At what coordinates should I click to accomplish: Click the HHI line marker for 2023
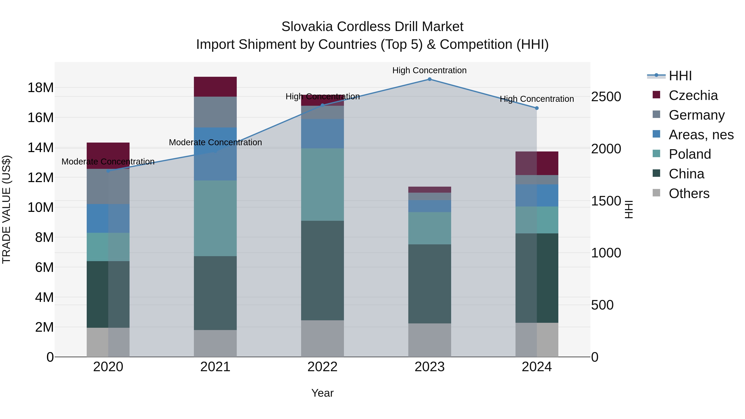[429, 79]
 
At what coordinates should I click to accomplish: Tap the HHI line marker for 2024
[537, 108]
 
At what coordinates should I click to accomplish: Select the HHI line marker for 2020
[108, 171]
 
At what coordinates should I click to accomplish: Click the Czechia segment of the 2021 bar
[215, 87]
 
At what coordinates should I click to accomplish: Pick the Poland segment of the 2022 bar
[322, 185]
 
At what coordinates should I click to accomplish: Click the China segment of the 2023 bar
[429, 284]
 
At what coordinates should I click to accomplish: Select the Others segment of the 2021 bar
[215, 343]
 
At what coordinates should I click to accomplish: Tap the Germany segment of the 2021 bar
[215, 112]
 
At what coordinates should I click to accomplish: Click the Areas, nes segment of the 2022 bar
[322, 134]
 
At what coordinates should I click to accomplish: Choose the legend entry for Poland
[690, 154]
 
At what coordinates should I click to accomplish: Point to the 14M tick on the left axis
[41, 148]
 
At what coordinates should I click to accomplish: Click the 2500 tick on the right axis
[606, 97]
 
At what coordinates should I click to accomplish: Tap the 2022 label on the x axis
[322, 367]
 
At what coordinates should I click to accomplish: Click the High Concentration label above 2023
[429, 70]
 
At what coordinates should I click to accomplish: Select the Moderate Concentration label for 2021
[215, 142]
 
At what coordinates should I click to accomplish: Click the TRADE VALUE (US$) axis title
[6, 209]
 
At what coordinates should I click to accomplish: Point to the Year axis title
[322, 393]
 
